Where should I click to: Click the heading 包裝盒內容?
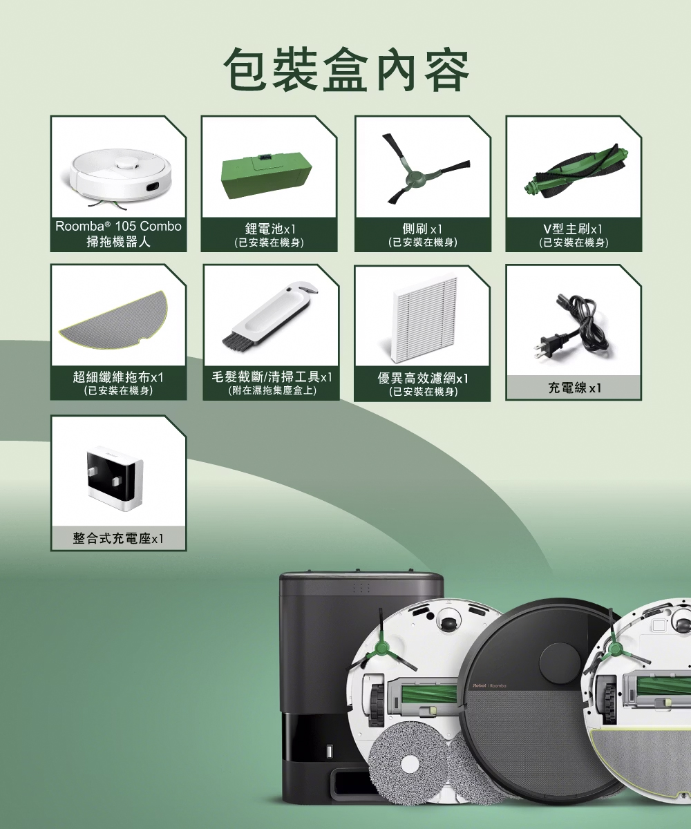(346, 70)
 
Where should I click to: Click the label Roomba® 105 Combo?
(118, 227)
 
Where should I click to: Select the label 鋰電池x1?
(270, 229)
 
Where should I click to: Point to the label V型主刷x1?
(573, 229)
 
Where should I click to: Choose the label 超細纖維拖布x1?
(118, 377)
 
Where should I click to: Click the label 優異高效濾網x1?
(422, 379)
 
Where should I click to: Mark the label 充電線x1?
(574, 388)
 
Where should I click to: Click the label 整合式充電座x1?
(118, 538)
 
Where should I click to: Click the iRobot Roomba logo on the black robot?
(489, 686)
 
